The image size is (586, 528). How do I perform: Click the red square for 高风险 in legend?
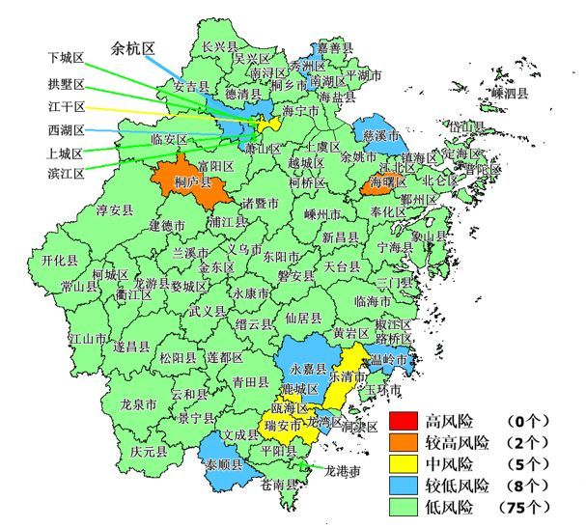[403, 422]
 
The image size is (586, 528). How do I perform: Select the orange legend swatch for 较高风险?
[403, 443]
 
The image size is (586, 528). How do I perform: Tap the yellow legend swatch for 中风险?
[403, 464]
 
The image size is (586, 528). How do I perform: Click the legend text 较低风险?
[457, 485]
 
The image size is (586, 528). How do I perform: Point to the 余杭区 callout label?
[133, 48]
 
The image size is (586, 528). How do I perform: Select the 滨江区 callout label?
[66, 173]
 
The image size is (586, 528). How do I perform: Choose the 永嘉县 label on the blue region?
[309, 369]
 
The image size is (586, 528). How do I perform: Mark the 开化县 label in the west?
[60, 261]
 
